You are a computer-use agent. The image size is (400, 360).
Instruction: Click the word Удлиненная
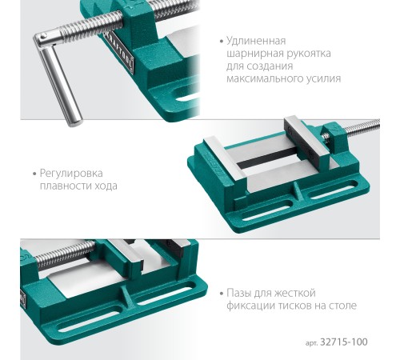pos(256,42)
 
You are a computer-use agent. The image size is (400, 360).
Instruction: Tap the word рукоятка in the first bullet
pos(309,54)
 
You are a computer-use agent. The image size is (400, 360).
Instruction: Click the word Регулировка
pos(71,174)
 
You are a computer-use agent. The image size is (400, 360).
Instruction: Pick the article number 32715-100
pos(344,342)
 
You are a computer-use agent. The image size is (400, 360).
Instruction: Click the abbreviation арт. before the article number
pos(311,343)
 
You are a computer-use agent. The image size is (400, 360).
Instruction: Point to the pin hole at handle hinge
pos(43,36)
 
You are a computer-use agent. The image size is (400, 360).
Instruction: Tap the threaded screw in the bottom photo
pos(66,254)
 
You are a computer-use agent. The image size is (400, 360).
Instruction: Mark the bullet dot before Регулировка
pos(34,174)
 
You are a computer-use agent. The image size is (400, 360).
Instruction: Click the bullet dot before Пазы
pos(221,294)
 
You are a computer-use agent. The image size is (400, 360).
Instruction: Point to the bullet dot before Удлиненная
pos(221,42)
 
